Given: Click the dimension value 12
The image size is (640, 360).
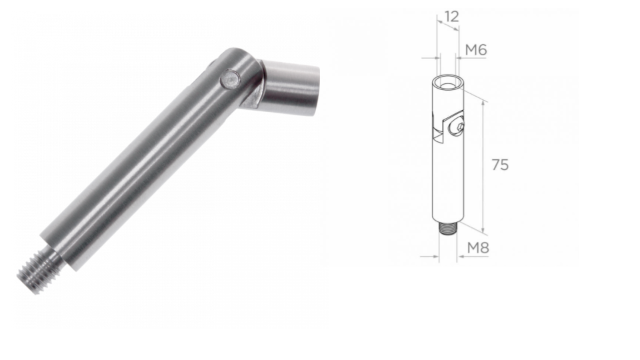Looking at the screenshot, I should tap(451, 17).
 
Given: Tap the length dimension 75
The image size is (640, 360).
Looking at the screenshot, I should tap(500, 165).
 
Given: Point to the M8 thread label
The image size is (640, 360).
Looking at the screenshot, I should tap(478, 248).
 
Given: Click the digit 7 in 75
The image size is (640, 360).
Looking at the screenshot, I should tap(495, 165).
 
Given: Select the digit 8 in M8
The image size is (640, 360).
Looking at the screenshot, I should tap(485, 248).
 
